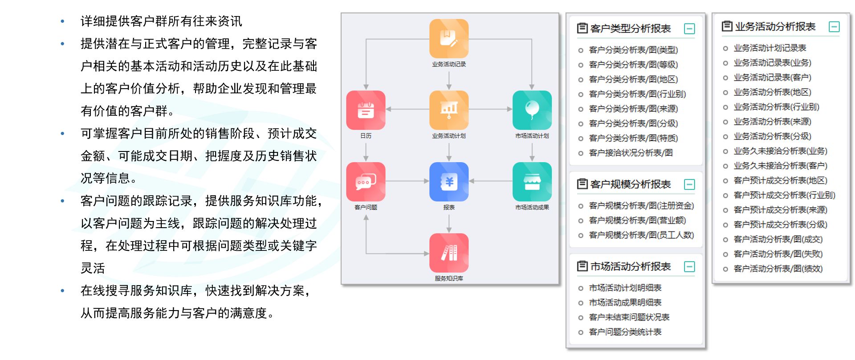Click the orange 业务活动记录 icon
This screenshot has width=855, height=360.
pyautogui.click(x=448, y=39)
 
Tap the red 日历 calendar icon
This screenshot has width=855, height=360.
pyautogui.click(x=366, y=110)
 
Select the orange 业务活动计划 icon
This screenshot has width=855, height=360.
pyautogui.click(x=448, y=110)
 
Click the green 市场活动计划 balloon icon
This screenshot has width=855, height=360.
pyautogui.click(x=532, y=110)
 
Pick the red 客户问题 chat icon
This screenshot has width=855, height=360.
pyautogui.click(x=366, y=181)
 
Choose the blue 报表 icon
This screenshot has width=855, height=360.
pyautogui.click(x=448, y=181)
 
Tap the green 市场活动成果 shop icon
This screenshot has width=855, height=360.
pyautogui.click(x=532, y=181)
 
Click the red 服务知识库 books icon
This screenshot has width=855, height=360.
pyautogui.click(x=448, y=253)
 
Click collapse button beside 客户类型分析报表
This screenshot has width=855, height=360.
pyautogui.click(x=689, y=29)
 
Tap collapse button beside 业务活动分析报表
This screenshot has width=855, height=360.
pyautogui.click(x=834, y=27)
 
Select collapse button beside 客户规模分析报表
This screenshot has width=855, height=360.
pyautogui.click(x=689, y=184)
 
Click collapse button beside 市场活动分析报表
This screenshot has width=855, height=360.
pyautogui.click(x=689, y=267)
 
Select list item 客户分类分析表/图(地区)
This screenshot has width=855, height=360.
pyautogui.click(x=633, y=79)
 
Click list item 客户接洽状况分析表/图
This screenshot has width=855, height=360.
pyautogui.click(x=631, y=153)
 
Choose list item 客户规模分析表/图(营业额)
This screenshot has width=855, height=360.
pyautogui.click(x=637, y=220)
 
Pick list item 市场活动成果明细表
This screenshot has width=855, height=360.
pyautogui.click(x=625, y=303)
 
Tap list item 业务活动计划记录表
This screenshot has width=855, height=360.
pyautogui.click(x=769, y=48)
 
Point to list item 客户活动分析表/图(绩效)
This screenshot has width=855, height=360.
pyautogui.click(x=778, y=269)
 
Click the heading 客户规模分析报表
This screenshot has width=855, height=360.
pyautogui.click(x=630, y=184)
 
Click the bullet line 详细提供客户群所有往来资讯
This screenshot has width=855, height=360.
pyautogui.click(x=161, y=21)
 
